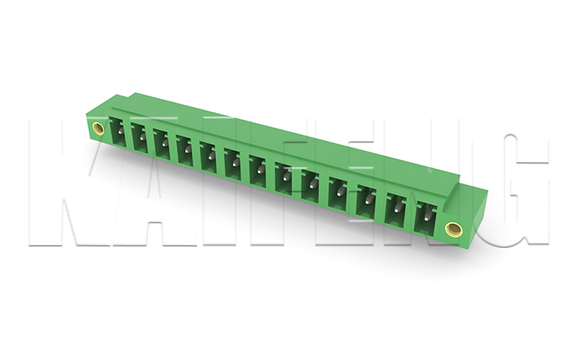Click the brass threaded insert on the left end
click(98, 128)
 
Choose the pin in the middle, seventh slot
click(261, 169)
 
